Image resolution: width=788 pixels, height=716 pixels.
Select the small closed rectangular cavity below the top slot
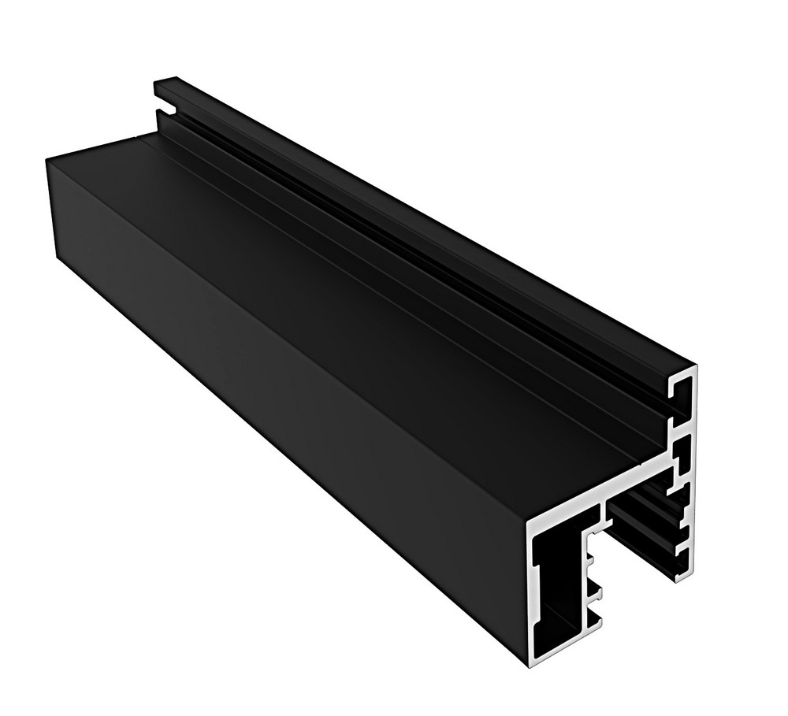click(682, 454)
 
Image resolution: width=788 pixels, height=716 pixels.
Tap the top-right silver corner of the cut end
click(695, 368)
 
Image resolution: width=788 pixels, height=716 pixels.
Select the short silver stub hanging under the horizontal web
click(606, 517)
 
